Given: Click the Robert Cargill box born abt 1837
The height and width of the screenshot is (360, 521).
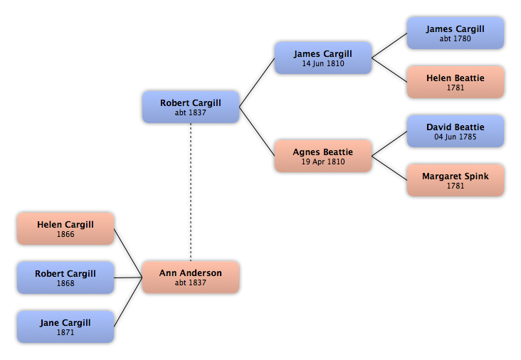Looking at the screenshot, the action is tap(191, 107).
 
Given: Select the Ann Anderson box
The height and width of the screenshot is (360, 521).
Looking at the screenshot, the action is tap(191, 277).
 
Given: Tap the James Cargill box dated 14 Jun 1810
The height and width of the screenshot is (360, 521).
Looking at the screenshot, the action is tap(323, 58).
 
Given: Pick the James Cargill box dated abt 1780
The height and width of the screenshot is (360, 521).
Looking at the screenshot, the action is tap(456, 33).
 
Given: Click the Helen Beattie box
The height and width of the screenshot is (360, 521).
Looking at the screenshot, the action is tap(456, 82).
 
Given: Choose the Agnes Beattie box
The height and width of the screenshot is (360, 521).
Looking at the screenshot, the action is tap(323, 156).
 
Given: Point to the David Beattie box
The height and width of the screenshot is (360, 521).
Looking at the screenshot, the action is tap(456, 131).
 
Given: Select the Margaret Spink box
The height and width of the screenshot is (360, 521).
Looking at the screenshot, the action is tap(456, 180).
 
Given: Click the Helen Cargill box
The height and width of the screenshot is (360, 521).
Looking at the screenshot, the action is tap(65, 229).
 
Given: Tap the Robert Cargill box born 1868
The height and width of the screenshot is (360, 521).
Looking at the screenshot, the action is tap(65, 277).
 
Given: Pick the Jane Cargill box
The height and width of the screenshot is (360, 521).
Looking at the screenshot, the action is tap(65, 327).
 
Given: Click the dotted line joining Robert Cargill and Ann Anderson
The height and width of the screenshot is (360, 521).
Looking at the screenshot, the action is tap(191, 192).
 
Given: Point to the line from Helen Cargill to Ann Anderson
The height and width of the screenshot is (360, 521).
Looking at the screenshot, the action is tap(128, 253).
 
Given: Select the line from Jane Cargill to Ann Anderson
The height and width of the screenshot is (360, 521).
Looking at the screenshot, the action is tap(128, 302).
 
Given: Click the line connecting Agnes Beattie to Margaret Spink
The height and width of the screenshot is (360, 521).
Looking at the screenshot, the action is tap(389, 168).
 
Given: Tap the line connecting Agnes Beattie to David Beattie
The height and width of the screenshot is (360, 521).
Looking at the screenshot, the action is tap(389, 144).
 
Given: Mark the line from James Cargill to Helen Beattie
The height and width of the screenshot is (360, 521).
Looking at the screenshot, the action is tap(389, 70).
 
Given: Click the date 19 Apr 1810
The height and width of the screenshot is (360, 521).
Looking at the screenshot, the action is tap(323, 162).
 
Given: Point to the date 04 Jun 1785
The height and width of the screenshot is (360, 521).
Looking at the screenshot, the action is tap(456, 137).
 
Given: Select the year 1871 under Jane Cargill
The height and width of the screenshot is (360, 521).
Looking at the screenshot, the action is tap(65, 332).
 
